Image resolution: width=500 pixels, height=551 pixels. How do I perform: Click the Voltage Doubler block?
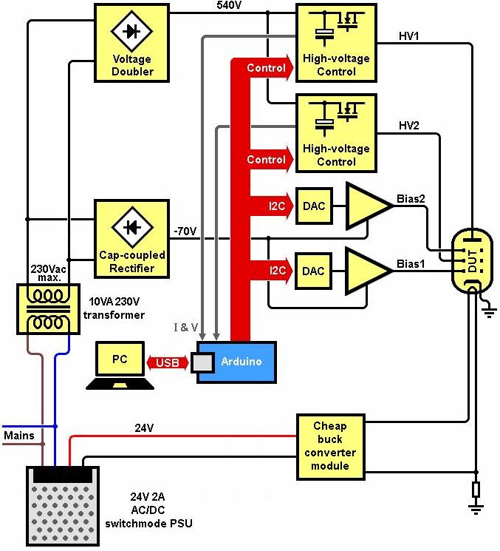(x=132, y=41)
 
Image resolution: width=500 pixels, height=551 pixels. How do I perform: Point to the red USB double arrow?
(x=169, y=362)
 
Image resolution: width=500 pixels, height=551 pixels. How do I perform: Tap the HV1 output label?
(x=408, y=36)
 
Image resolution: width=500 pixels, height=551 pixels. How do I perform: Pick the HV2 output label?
(x=409, y=126)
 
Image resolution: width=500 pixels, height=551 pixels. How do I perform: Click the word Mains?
(x=18, y=436)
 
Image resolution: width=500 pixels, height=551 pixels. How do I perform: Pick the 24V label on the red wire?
(x=144, y=427)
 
